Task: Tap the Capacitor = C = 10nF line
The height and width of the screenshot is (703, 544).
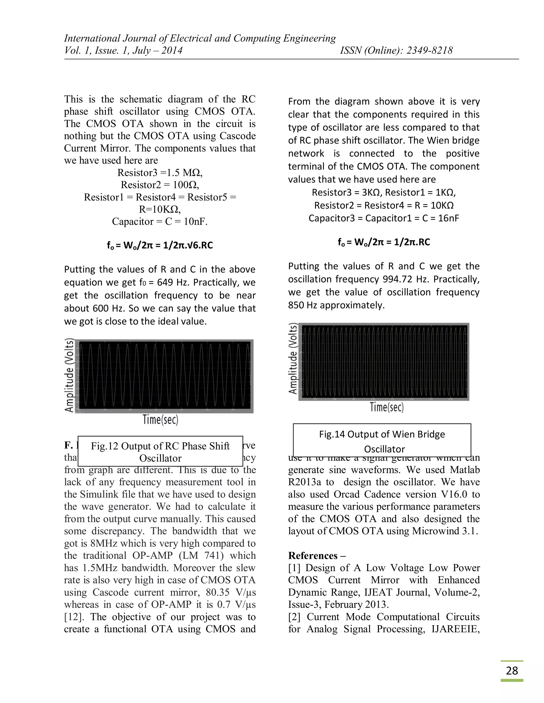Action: click(x=160, y=222)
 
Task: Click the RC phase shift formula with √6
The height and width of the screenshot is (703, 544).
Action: click(x=160, y=246)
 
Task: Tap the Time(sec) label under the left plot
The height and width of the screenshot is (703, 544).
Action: click(x=160, y=420)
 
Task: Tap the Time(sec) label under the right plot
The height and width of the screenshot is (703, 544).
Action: click(x=386, y=407)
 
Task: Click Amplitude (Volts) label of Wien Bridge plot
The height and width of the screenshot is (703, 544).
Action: click(x=293, y=359)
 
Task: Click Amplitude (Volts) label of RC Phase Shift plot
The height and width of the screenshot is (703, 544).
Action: click(x=69, y=375)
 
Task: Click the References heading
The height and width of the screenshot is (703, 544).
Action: click(x=313, y=556)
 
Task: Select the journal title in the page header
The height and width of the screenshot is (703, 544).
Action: click(x=200, y=38)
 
